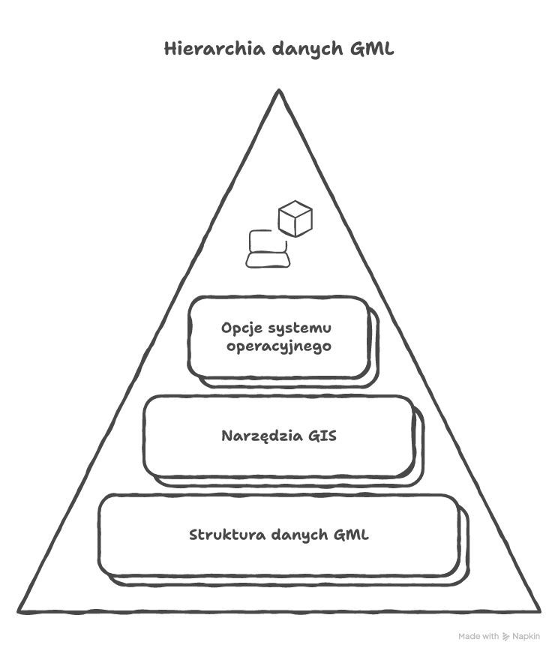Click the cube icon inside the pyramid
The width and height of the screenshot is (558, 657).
[x=295, y=217]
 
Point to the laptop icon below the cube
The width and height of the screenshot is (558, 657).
[x=267, y=248]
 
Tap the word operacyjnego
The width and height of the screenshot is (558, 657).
[x=278, y=347]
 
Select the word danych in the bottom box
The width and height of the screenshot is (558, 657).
[x=298, y=535]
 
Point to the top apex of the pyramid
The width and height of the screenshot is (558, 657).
[x=279, y=91]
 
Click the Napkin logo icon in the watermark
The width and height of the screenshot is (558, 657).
[x=506, y=637]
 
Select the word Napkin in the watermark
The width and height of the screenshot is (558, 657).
[x=526, y=637]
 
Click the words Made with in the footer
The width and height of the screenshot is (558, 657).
[x=478, y=637]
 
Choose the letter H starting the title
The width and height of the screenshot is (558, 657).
[x=170, y=49]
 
